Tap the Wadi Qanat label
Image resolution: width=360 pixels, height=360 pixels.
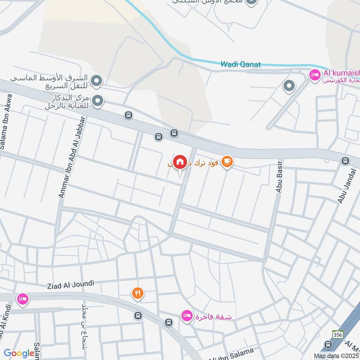point(241,64)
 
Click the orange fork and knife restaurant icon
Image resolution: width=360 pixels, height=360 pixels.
point(138,293)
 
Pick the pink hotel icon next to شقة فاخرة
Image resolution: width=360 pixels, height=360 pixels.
point(186,316)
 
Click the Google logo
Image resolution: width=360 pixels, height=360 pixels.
point(19,353)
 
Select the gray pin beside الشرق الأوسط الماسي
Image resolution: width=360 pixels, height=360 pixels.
point(96,81)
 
